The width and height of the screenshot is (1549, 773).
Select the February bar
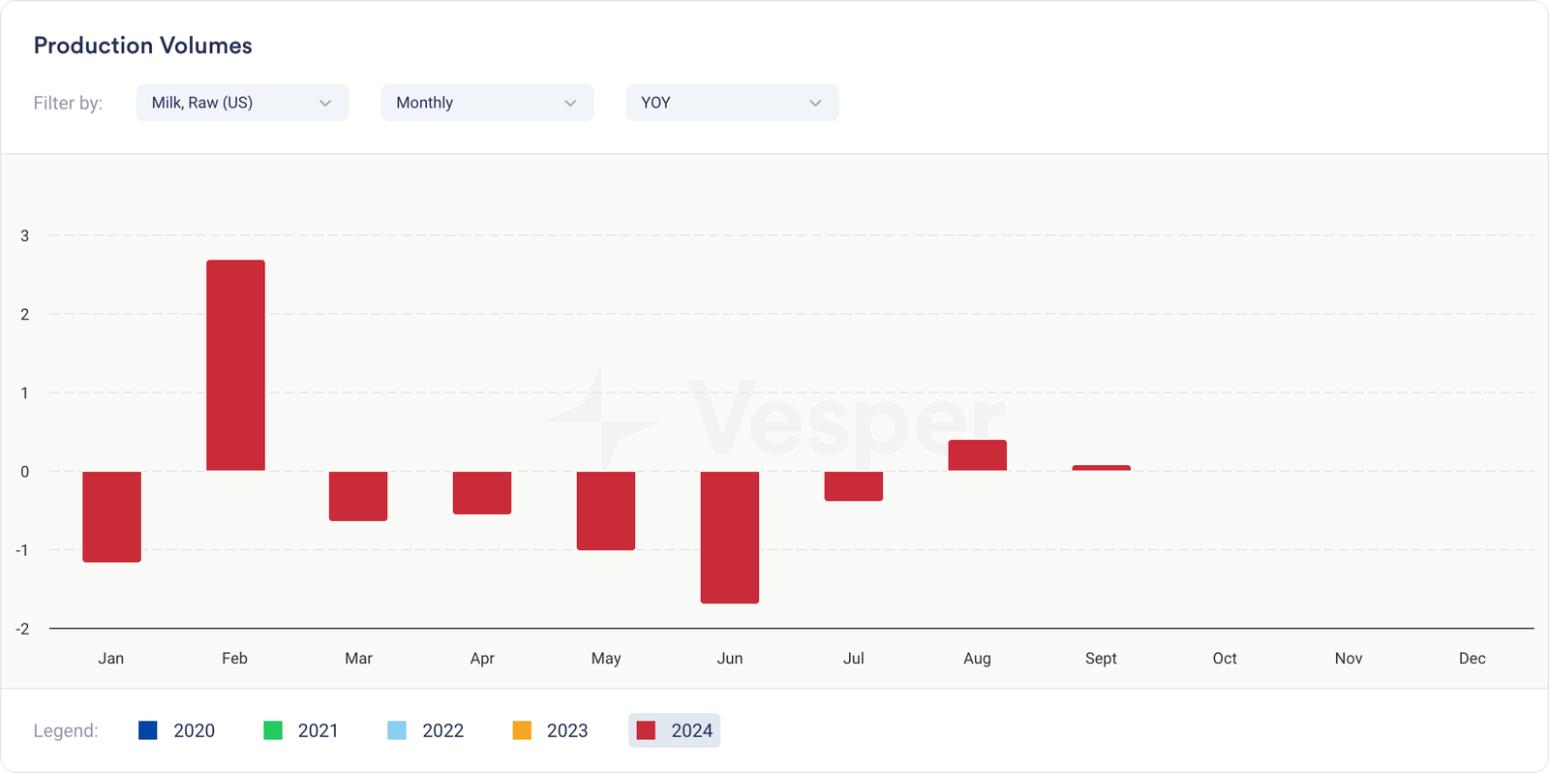(235, 365)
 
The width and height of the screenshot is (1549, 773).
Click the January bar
(111, 516)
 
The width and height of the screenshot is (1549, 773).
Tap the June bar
(730, 537)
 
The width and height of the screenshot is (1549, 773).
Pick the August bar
(977, 455)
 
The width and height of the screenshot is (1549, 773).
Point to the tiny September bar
(1101, 468)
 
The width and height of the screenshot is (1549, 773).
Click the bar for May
(606, 510)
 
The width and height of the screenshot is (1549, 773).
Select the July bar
(853, 485)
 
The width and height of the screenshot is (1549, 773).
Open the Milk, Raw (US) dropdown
(242, 103)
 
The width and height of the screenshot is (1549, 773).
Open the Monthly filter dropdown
(487, 103)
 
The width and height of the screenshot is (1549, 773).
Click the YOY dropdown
(732, 103)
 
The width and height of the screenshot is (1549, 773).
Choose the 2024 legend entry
(675, 730)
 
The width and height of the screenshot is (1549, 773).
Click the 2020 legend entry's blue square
(148, 730)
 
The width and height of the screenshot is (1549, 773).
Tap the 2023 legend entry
(550, 730)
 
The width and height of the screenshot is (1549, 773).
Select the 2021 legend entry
(301, 730)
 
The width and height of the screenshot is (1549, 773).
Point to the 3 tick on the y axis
(25, 235)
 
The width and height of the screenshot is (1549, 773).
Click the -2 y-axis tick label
(22, 629)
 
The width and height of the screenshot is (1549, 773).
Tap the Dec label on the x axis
(1472, 659)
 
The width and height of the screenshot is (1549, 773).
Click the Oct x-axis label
(1225, 659)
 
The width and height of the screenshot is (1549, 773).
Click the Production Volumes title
(143, 46)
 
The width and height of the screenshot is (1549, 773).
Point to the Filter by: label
(68, 103)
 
